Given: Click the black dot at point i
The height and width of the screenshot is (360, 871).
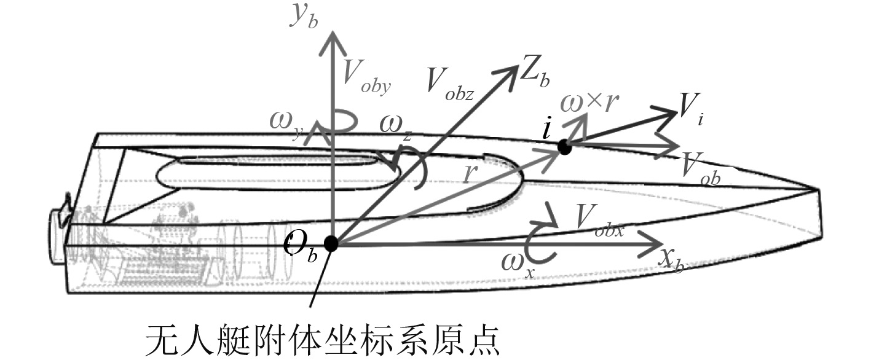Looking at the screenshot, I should [x=564, y=146].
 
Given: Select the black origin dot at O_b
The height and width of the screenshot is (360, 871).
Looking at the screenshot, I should [x=331, y=244].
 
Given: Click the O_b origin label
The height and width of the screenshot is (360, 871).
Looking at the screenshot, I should [x=301, y=246].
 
